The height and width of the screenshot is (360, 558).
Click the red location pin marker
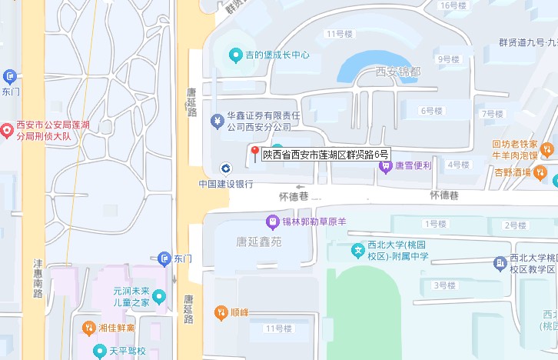(254, 153)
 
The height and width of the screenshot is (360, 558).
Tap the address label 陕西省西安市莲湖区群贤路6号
(326, 155)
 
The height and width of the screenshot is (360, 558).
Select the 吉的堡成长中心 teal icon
(236, 55)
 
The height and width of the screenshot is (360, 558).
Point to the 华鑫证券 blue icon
(216, 118)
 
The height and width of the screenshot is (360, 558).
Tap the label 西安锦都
(398, 72)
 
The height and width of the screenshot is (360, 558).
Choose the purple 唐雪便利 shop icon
(387, 165)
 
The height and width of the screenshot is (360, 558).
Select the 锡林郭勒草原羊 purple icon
(271, 222)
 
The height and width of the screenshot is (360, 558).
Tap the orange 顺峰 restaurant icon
(220, 312)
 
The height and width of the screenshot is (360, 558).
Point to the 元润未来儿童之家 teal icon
(158, 296)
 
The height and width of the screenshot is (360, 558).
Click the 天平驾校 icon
(99, 352)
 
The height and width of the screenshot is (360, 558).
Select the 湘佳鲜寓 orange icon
(88, 328)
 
